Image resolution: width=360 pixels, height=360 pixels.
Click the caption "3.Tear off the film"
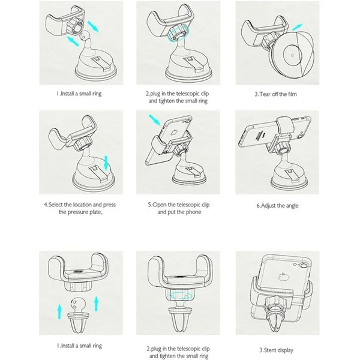click(275, 94)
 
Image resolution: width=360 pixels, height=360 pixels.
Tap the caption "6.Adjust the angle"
click(277, 205)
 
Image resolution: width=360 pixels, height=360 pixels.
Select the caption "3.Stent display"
click(277, 350)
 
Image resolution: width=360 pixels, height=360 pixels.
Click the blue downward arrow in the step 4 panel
click(106, 163)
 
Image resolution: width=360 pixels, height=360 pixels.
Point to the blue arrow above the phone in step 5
click(155, 120)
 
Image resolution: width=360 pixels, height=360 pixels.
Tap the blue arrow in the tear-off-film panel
click(298, 27)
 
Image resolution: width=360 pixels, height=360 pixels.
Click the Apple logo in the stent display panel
click(283, 277)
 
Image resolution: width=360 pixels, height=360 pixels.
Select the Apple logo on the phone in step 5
click(175, 133)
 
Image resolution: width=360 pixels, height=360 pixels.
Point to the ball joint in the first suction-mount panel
click(83, 35)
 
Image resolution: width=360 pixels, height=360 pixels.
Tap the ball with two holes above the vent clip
click(77, 304)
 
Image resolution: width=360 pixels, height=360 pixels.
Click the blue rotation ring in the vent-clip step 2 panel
click(180, 295)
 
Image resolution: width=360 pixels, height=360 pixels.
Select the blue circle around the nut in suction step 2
click(178, 34)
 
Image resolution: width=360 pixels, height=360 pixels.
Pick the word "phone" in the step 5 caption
click(193, 212)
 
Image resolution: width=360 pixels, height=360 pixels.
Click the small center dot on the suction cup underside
click(292, 55)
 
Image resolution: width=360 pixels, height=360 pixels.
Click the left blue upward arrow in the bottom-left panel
click(59, 311)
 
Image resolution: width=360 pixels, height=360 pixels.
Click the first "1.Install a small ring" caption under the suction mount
click(79, 94)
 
